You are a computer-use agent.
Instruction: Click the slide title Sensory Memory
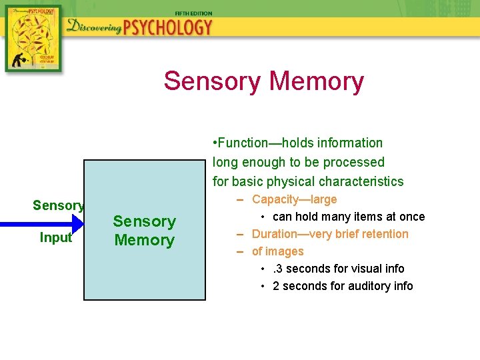click(x=263, y=81)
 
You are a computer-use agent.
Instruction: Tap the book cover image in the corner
click(x=33, y=39)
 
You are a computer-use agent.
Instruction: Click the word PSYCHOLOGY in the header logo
click(x=168, y=28)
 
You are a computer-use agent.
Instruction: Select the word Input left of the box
click(x=56, y=238)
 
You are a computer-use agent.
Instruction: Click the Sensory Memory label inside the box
click(x=144, y=231)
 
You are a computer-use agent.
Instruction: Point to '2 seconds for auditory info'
click(x=343, y=286)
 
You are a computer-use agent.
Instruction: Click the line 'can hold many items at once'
click(x=349, y=217)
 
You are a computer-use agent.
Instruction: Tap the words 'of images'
click(x=277, y=251)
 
